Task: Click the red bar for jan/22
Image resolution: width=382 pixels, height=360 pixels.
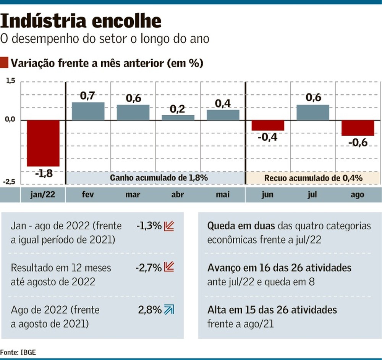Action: pos(43,143)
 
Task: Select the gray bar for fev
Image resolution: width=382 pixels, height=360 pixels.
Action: pos(88,111)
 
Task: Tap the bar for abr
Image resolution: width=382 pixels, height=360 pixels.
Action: pos(178,118)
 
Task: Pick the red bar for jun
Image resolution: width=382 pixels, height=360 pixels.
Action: pos(268,126)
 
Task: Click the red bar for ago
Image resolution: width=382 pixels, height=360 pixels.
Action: pos(358,128)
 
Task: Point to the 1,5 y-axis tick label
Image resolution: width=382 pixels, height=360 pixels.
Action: pos(10,81)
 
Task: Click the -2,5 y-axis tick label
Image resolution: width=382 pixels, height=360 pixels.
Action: pos(10,182)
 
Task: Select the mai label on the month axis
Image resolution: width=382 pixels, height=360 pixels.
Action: pos(223,195)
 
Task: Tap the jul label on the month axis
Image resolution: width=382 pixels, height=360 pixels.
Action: pos(312,195)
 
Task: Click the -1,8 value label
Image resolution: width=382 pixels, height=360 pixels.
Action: pos(43,174)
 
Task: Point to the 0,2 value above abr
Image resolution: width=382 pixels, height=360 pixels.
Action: pos(178,109)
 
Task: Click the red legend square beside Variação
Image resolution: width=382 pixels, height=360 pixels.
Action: pos(5,63)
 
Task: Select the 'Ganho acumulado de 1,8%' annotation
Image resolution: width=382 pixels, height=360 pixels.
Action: pos(159,178)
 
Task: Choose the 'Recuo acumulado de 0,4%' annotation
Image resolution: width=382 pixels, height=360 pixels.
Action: pos(313,178)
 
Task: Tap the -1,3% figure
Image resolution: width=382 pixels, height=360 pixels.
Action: pos(149,226)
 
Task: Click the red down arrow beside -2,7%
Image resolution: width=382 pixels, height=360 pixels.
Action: pos(169,267)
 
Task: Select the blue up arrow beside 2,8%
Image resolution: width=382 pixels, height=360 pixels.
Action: pos(169,310)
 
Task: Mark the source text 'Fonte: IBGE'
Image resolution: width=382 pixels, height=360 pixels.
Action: pos(18,352)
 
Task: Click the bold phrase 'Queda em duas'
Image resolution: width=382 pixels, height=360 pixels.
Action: pos(241,226)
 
